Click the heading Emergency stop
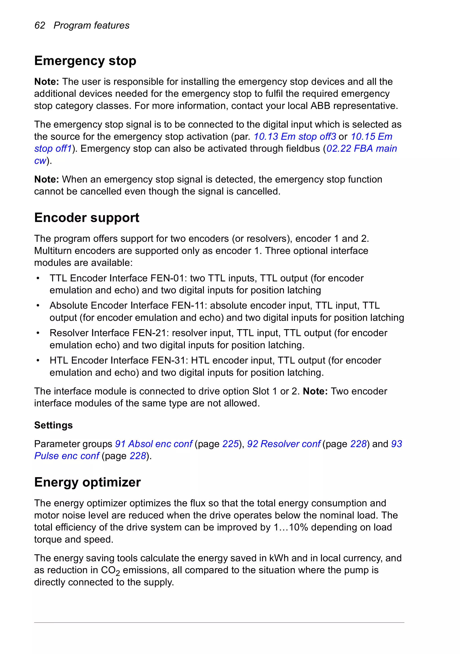tap(85, 61)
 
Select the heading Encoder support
tap(87, 218)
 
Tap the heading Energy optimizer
tap(87, 482)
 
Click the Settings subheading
tap(53, 425)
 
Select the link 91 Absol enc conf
tap(154, 444)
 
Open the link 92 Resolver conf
tap(284, 444)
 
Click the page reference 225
tap(230, 444)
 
